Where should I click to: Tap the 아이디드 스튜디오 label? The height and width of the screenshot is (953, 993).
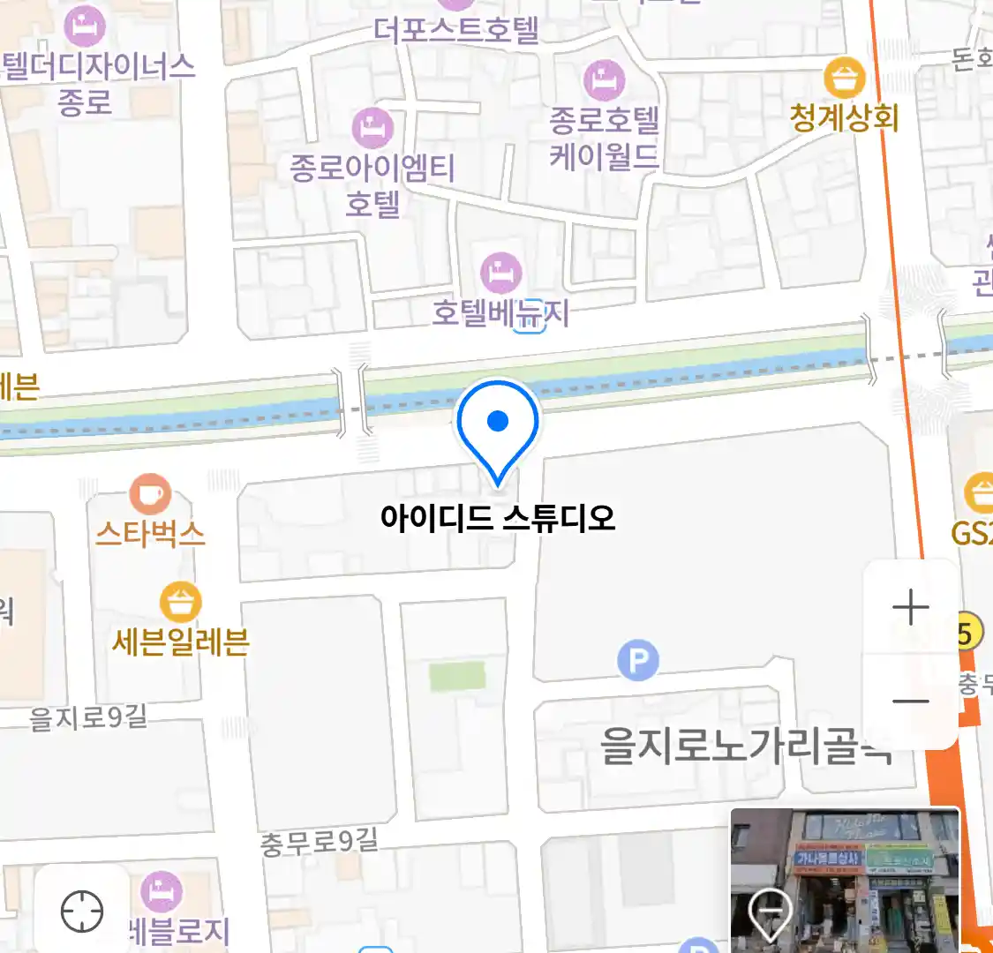coord(498,517)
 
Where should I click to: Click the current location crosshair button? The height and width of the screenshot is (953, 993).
coord(82,911)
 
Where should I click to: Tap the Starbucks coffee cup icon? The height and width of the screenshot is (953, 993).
coord(150,494)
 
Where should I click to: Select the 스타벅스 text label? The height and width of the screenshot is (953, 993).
coord(150,534)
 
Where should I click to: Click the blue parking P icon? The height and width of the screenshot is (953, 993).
coord(638,660)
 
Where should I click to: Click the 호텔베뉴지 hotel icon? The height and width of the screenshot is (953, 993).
coord(500,273)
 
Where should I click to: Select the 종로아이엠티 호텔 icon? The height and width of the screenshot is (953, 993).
coord(372,128)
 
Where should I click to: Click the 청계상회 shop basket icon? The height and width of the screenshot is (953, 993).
coord(845,78)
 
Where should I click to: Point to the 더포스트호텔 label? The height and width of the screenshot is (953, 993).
coord(455,30)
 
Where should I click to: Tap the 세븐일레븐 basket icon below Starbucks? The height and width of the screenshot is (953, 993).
coord(181,603)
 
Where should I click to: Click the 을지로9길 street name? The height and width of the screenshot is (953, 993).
coord(88,717)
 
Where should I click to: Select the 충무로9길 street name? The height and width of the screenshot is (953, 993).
coord(319,841)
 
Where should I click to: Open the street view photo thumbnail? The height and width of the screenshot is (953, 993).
coord(845,879)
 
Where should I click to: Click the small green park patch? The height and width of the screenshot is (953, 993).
coord(457,677)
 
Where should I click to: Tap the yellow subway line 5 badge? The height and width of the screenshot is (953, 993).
coord(967,632)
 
